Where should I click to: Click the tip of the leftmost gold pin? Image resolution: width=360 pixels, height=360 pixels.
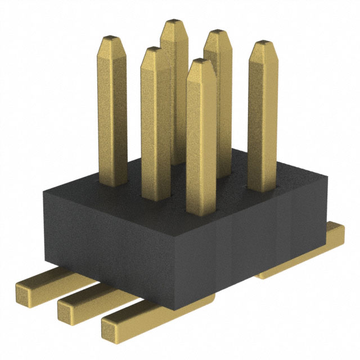(x=112, y=39)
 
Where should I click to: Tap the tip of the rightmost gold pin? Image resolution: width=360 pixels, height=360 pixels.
(x=263, y=45)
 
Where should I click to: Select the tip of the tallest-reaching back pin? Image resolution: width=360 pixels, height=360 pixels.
(x=173, y=24)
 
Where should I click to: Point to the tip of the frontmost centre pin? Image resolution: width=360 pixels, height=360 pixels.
(x=201, y=63)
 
